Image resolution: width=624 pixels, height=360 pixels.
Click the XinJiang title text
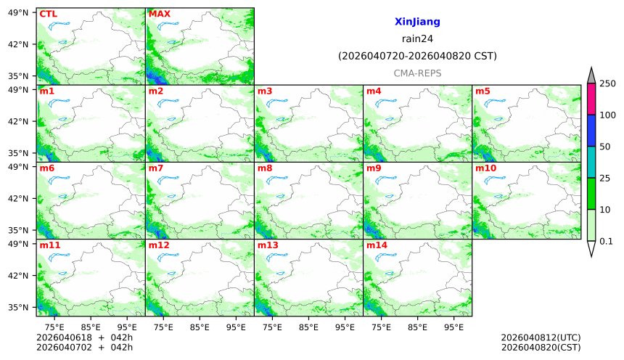point(417,22)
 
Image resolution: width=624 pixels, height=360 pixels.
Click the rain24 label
point(417,39)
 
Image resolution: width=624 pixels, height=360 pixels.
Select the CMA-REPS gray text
point(417,73)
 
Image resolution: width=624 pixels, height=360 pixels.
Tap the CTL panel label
point(49,14)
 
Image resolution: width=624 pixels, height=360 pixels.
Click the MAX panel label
point(159,14)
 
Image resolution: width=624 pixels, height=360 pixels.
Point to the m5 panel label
point(483,91)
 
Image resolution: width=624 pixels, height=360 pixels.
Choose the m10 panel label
point(485,168)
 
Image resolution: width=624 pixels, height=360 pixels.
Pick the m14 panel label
point(377,245)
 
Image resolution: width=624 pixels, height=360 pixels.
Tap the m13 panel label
point(268,245)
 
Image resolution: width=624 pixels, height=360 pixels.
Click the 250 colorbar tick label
point(607,83)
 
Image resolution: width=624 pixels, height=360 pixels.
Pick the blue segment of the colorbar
point(591,131)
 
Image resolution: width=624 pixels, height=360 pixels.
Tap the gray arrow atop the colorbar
point(591,75)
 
